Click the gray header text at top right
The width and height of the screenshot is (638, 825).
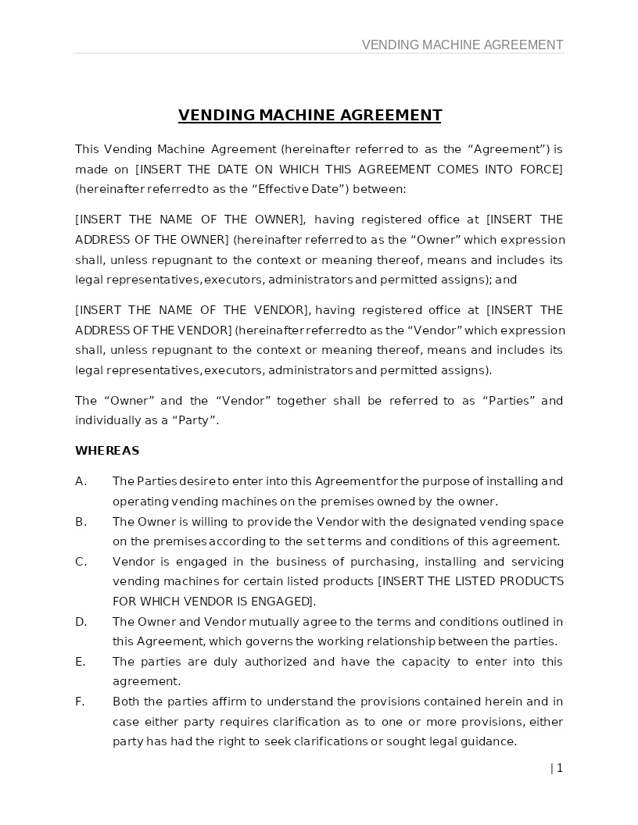point(462,45)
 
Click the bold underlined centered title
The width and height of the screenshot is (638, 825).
point(310,116)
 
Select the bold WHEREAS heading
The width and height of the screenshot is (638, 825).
point(107,451)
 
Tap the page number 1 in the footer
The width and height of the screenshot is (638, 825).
point(559,768)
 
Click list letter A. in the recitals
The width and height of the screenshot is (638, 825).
point(81,481)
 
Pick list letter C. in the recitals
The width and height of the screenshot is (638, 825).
point(81,562)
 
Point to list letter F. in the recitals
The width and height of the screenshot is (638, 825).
point(80,702)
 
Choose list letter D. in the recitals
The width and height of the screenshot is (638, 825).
point(81,622)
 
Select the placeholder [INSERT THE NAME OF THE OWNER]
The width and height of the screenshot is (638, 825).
point(190,220)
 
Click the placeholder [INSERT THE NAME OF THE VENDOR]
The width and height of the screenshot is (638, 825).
point(193,310)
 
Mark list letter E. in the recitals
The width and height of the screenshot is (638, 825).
point(80,662)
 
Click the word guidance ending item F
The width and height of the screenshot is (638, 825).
point(489,741)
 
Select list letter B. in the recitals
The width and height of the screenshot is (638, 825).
point(81,522)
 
